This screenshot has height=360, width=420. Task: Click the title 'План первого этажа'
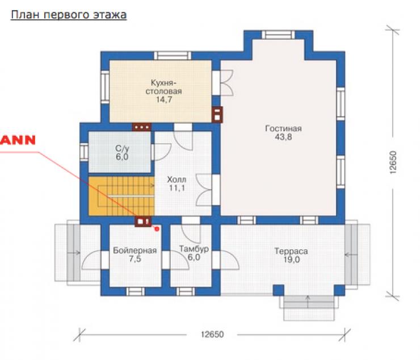point(69,15)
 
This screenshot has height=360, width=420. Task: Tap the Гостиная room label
point(283,129)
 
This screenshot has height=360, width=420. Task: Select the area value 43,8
point(283,137)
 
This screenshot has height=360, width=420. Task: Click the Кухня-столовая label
point(163,86)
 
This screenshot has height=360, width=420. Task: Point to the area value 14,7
point(164,100)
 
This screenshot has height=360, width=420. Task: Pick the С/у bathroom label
point(122,149)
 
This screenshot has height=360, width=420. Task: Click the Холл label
point(177,179)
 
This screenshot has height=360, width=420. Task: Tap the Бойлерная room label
point(135,250)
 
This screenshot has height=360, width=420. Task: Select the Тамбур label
point(194,249)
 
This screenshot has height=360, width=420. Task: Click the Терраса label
point(291,251)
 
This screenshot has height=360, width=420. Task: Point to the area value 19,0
point(291,259)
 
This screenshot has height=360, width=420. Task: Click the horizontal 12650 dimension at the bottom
point(212,334)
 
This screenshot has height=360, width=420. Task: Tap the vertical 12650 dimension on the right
point(393,163)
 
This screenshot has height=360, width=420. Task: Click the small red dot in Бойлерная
point(157,229)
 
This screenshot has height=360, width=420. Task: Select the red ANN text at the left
point(18,140)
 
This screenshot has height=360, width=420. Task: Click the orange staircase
point(121,196)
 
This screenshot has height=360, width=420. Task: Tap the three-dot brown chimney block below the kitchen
point(141,127)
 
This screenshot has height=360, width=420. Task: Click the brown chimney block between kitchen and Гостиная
point(217,115)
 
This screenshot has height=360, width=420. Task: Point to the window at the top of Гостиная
point(278,35)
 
